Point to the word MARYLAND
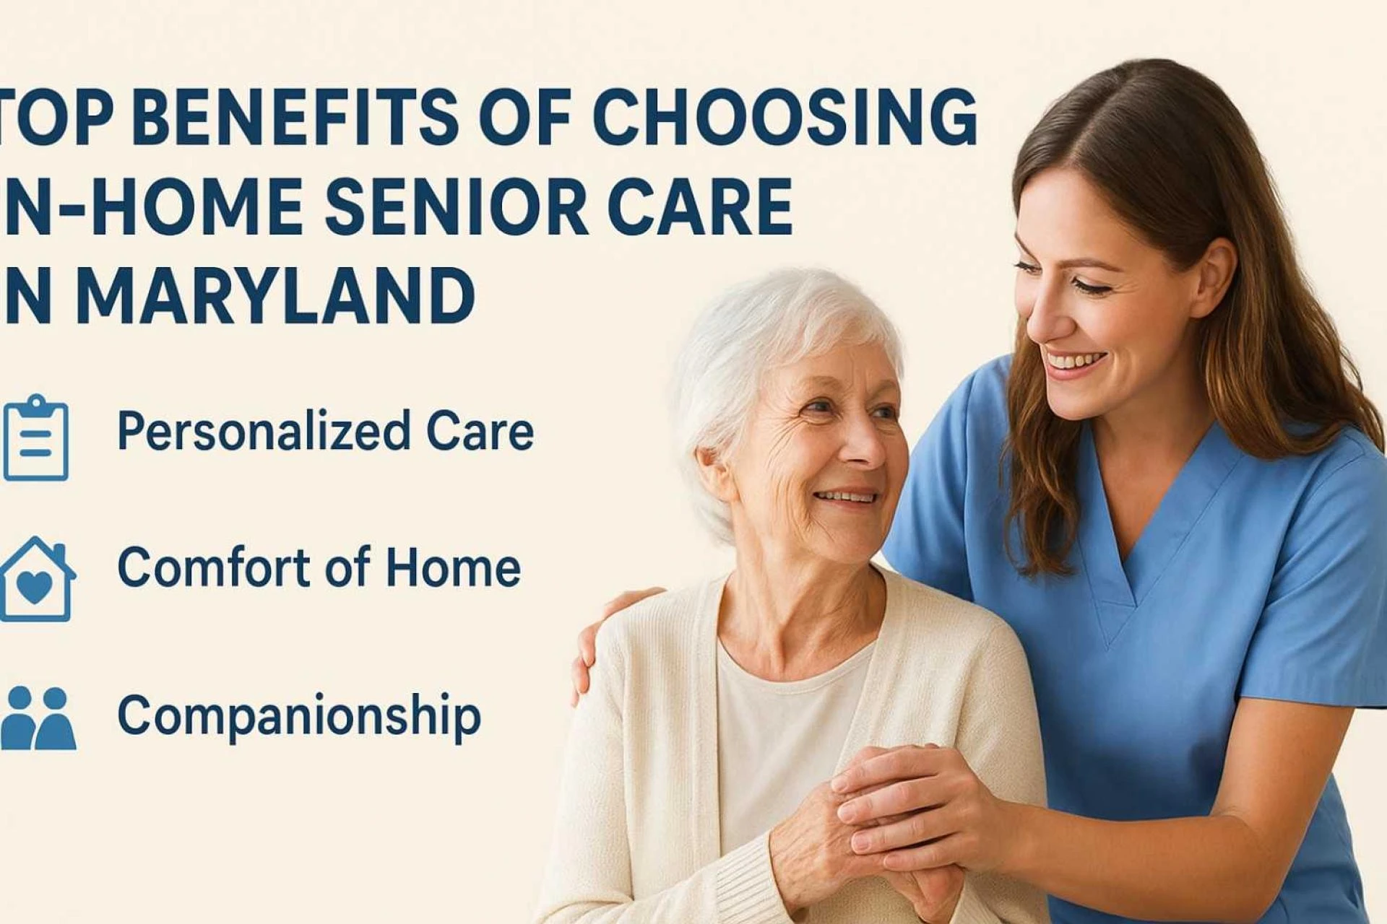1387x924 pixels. pos(275,296)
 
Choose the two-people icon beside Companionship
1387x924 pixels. pos(38,718)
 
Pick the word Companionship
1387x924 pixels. pos(299,716)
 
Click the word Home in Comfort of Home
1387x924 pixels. pos(453,567)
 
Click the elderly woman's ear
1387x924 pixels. pos(715,476)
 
